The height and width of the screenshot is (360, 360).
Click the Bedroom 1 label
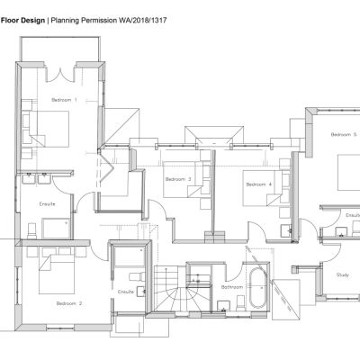[x=64, y=98]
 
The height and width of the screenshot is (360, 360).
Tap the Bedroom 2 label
[x=68, y=303]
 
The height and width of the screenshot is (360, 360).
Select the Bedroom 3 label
[x=178, y=179]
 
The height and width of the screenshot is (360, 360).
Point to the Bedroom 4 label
[x=257, y=184]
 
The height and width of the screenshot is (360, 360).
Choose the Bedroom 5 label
[x=343, y=134]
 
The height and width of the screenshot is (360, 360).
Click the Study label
[x=342, y=274]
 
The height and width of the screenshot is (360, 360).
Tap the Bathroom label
[x=232, y=287]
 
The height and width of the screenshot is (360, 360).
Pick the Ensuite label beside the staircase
[x=127, y=292]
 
